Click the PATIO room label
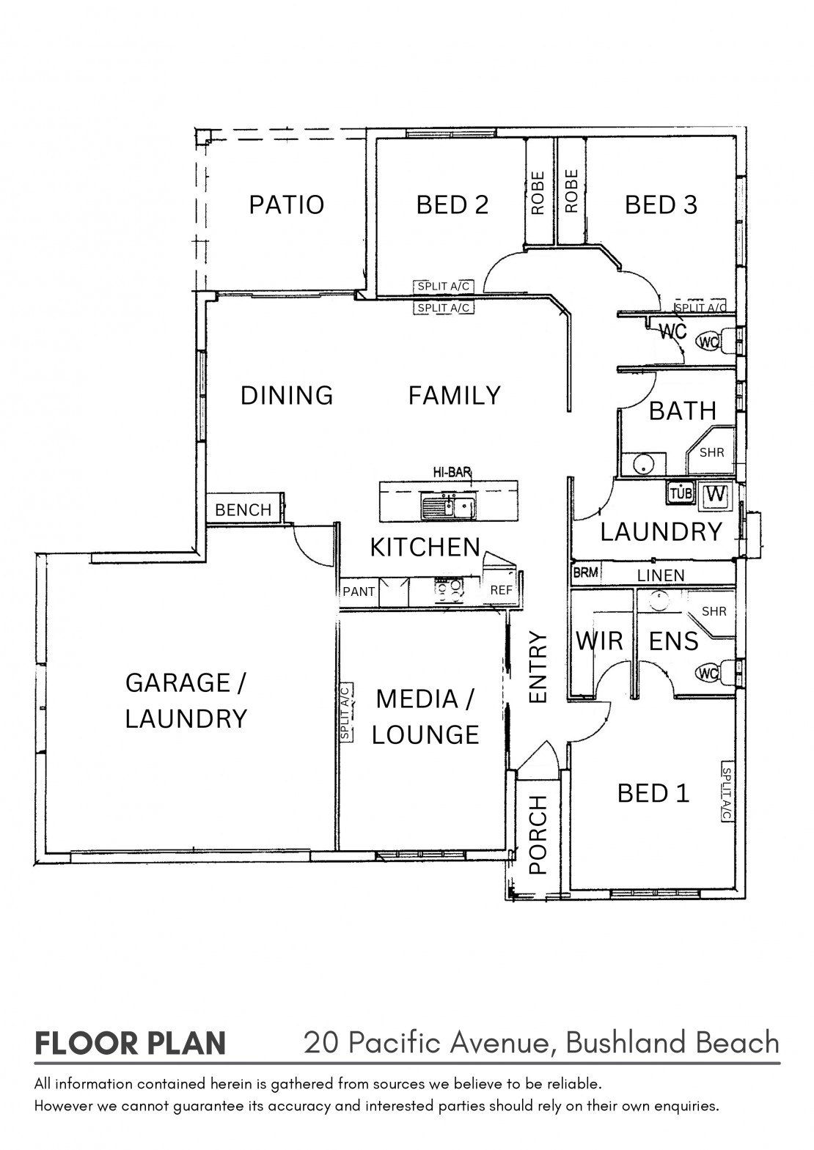click(x=287, y=204)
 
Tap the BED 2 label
click(x=452, y=204)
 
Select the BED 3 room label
click(x=661, y=204)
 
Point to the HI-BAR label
click(x=452, y=472)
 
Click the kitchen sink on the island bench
click(x=448, y=506)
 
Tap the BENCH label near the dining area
click(x=243, y=510)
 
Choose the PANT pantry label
click(x=359, y=591)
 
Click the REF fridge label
click(x=502, y=591)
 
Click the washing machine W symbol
click(x=716, y=494)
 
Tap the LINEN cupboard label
click(x=661, y=575)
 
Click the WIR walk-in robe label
click(x=599, y=641)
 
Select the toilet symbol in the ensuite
click(x=716, y=673)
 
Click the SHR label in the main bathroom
click(x=712, y=452)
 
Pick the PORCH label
click(x=538, y=834)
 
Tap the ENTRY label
click(x=539, y=667)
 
